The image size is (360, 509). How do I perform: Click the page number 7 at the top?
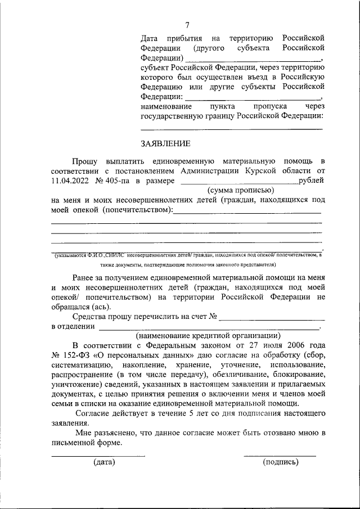point(187,24)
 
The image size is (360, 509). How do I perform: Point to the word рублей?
point(311,181)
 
